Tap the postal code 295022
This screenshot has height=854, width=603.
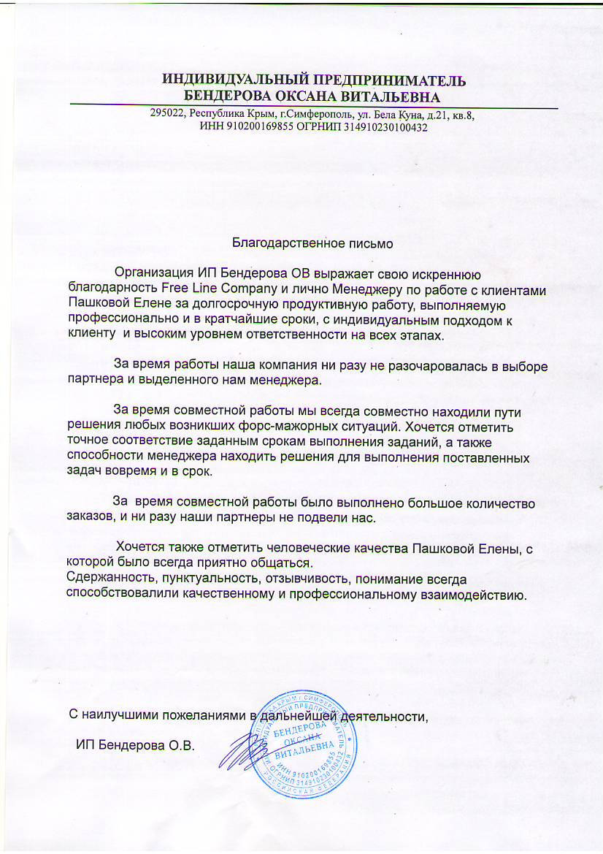point(166,115)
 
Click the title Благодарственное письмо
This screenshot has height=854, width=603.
point(313,243)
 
